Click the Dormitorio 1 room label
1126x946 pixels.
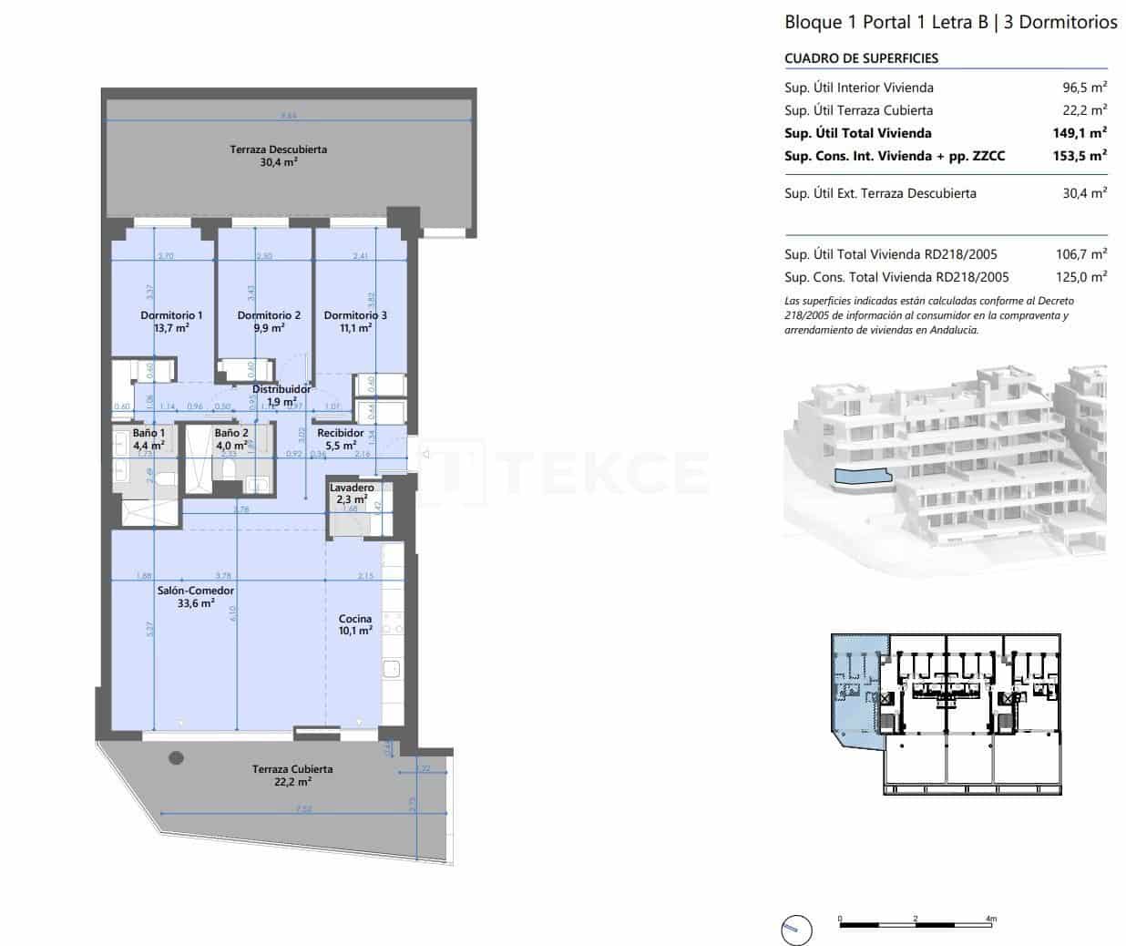pyautogui.click(x=171, y=315)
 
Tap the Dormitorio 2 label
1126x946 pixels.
pyautogui.click(x=269, y=315)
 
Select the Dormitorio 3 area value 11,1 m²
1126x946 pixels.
pyautogui.click(x=355, y=328)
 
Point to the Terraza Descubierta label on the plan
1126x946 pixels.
pyautogui.click(x=278, y=149)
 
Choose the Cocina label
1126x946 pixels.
pyautogui.click(x=355, y=619)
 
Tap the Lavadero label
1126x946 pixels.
pyautogui.click(x=352, y=488)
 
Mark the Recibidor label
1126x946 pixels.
pyautogui.click(x=341, y=433)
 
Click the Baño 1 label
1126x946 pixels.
pyautogui.click(x=148, y=433)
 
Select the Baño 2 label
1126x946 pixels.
pyautogui.click(x=231, y=433)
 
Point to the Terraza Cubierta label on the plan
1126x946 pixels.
pyautogui.click(x=292, y=769)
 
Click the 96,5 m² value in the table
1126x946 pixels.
pyautogui.click(x=1084, y=87)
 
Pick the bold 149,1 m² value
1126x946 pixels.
pyautogui.click(x=1080, y=133)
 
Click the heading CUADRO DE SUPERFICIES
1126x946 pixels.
pyautogui.click(x=861, y=58)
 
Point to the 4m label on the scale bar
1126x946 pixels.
pyautogui.click(x=991, y=918)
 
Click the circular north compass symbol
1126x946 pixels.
pyautogui.click(x=796, y=930)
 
